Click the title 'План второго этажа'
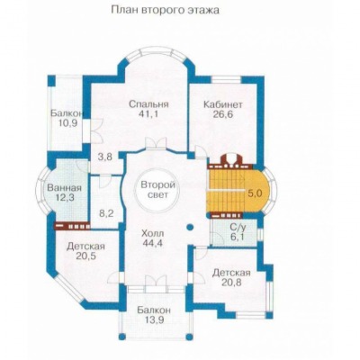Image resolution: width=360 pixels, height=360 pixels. pyautogui.click(x=166, y=10)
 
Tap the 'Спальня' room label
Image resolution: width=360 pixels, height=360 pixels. pyautogui.click(x=148, y=104)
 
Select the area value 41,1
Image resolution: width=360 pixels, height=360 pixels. pyautogui.click(x=148, y=114)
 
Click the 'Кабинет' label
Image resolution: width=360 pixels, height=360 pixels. pyautogui.click(x=223, y=104)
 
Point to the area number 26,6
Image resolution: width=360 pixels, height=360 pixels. pyautogui.click(x=223, y=114)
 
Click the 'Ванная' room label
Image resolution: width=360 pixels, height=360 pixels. pyautogui.click(x=64, y=188)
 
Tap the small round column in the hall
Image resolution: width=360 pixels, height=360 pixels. pyautogui.click(x=190, y=227)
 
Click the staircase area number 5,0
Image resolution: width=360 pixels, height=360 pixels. pyautogui.click(x=255, y=193)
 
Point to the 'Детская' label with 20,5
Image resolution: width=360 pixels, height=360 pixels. pyautogui.click(x=85, y=247)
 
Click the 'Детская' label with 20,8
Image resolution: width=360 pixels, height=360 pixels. pyautogui.click(x=231, y=273)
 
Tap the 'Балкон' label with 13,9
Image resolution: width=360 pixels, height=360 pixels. pyautogui.click(x=154, y=310)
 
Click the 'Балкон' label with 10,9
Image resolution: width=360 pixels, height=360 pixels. pyautogui.click(x=67, y=113)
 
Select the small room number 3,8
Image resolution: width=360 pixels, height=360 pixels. pyautogui.click(x=105, y=157)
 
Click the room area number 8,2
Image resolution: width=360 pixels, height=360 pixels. pyautogui.click(x=106, y=213)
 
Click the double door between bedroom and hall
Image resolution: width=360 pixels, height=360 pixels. pyautogui.click(x=156, y=143)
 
